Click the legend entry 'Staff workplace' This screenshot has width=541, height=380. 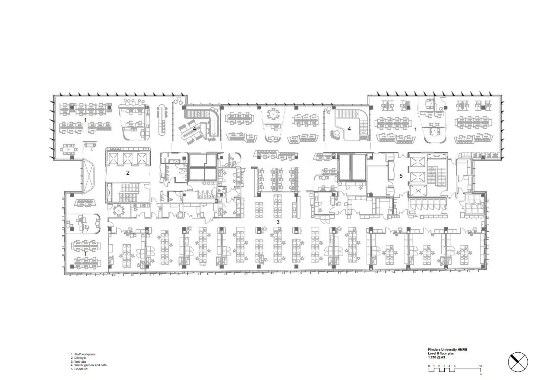click(x=85, y=354)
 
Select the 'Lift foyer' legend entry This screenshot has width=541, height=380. click(x=80, y=358)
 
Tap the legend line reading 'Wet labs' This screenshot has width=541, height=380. click(x=80, y=361)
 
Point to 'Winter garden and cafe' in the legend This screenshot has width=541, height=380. click(x=90, y=365)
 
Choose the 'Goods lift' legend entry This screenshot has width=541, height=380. click(x=81, y=369)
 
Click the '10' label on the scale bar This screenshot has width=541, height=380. click(x=481, y=366)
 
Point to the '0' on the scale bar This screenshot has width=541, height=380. click(x=429, y=366)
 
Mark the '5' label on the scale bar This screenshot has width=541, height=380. click(x=455, y=366)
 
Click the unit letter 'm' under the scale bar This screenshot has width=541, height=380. click(x=481, y=374)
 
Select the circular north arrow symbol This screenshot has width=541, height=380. click(x=518, y=362)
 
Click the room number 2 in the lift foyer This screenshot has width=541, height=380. click(x=128, y=172)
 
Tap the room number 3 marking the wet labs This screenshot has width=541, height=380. click(x=278, y=222)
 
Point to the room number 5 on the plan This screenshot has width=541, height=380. click(x=401, y=176)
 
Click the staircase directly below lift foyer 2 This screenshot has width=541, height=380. click(x=127, y=192)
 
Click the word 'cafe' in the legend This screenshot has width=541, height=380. click(x=103, y=365)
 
